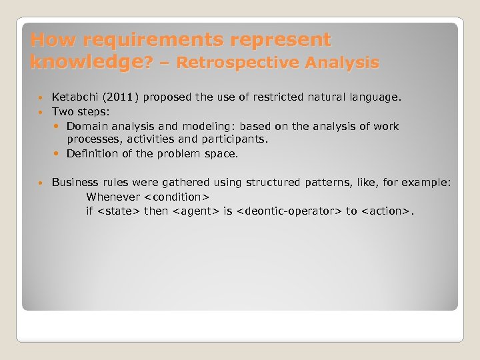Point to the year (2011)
[x=120, y=97]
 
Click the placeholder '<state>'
[x=119, y=211]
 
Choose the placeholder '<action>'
[x=386, y=211]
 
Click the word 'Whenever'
[x=113, y=197]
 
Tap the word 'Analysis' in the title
[x=347, y=63]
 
